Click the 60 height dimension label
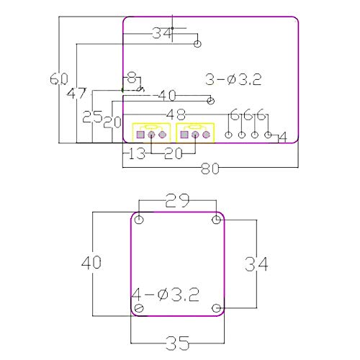coord(59,78)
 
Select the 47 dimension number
coord(76,94)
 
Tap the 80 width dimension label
coord(210,168)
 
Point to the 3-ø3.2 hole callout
coord(233,80)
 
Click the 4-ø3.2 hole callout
coord(166,294)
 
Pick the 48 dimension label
coord(176,114)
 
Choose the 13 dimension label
coord(137,153)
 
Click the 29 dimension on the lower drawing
coord(177,200)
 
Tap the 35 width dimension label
coord(178,343)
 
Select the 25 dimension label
coord(92,117)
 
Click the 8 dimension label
coord(132,77)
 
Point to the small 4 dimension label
coord(283,138)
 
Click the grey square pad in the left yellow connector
coord(140,135)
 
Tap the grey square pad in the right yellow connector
coord(184,135)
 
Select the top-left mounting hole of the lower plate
coord(139,220)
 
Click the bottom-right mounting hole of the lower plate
coord(217,308)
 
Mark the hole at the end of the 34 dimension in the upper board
coord(197,44)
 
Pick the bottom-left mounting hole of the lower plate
coord(139,308)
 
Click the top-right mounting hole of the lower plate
coord(217,220)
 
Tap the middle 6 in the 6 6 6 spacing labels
coord(248,114)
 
